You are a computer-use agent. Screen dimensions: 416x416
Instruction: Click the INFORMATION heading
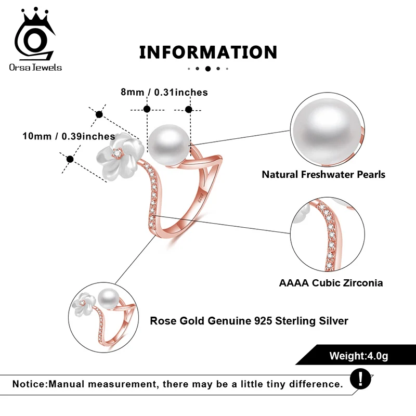(208, 52)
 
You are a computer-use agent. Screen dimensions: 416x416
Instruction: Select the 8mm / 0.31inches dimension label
(164, 93)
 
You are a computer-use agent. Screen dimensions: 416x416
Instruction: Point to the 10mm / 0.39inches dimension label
(68, 136)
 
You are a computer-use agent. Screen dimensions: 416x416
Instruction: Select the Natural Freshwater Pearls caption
(323, 174)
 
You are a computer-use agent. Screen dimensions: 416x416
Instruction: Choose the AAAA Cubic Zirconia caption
(331, 283)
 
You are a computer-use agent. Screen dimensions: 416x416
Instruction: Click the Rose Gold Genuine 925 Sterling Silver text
(249, 321)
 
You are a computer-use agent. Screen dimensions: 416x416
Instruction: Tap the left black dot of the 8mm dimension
(147, 109)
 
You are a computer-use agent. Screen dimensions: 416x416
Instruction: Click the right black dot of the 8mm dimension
(189, 109)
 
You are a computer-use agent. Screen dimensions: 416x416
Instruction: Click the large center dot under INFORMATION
(208, 68)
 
